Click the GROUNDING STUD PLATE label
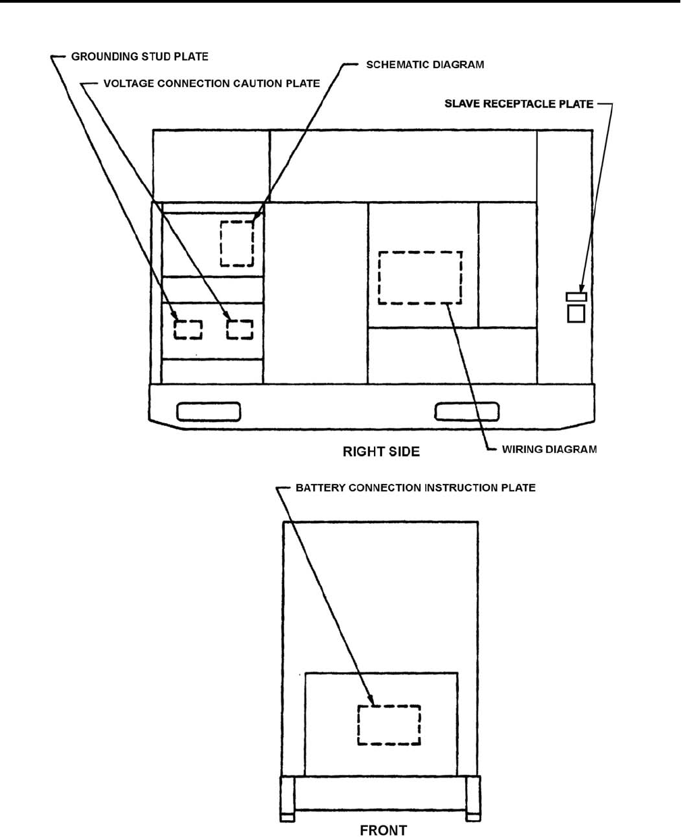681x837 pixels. [140, 57]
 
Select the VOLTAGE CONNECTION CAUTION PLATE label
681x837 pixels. [211, 84]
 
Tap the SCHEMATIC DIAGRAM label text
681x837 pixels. [425, 65]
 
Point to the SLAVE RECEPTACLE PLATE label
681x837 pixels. [518, 104]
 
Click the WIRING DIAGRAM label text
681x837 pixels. [549, 449]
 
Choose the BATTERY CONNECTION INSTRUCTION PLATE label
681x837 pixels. [415, 487]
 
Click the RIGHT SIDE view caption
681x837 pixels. [381, 452]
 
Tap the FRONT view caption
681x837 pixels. [383, 830]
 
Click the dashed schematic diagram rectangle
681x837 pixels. [236, 243]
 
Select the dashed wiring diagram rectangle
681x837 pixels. [420, 277]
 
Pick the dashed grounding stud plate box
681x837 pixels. [188, 329]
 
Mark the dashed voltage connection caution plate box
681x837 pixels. [239, 329]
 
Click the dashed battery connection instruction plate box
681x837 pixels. [388, 725]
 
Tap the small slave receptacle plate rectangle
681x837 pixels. [576, 296]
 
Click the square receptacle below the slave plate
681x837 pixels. [576, 313]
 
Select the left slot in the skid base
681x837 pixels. [209, 410]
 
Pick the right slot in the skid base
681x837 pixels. [466, 410]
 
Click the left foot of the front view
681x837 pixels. [288, 799]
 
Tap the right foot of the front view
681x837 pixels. [473, 799]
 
